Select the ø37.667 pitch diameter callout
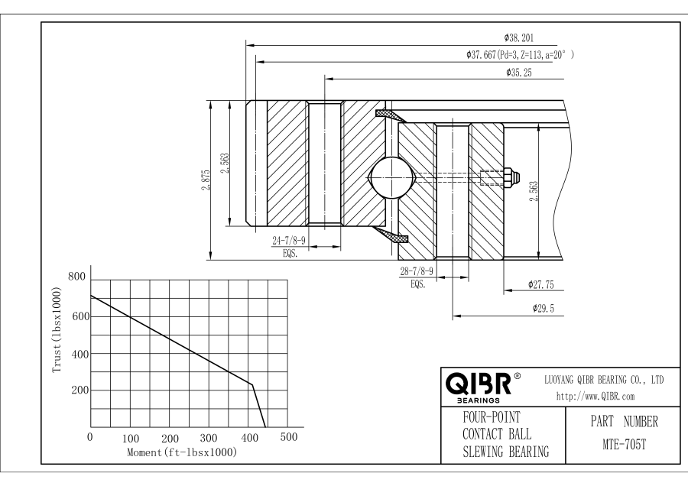coord(519,55)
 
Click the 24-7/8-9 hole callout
coord(290,241)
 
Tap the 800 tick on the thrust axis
coord(77,277)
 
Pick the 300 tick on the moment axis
coord(209,438)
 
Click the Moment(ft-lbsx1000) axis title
coord(181,453)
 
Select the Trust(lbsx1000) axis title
coord(56,330)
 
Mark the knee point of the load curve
coord(252,384)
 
